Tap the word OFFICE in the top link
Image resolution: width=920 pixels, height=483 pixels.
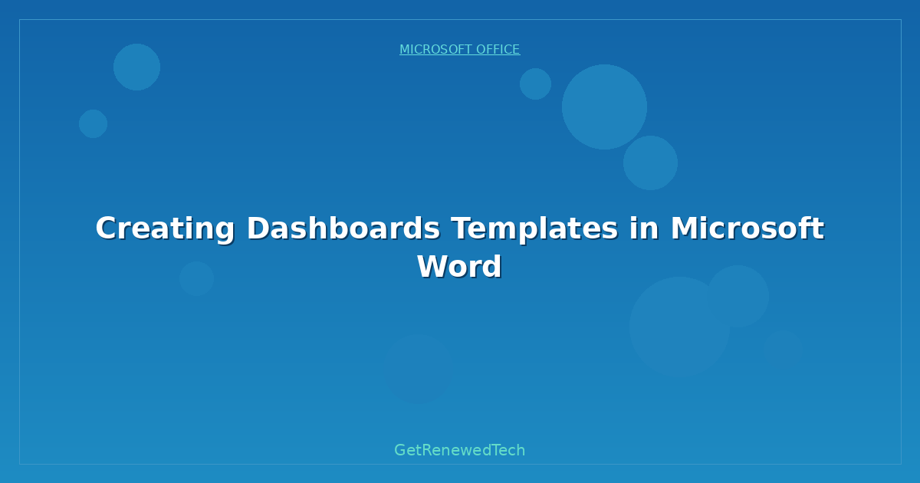click(x=498, y=50)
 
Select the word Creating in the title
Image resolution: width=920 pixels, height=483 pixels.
click(x=165, y=228)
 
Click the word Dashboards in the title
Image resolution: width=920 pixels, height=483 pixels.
click(x=343, y=228)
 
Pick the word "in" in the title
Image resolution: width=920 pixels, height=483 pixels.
click(x=644, y=228)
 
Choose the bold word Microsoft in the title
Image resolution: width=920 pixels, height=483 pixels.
click(x=747, y=228)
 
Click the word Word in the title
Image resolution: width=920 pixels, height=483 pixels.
click(x=459, y=267)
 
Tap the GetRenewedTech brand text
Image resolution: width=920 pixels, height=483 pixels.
click(x=459, y=450)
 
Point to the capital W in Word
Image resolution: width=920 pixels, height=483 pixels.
click(x=432, y=267)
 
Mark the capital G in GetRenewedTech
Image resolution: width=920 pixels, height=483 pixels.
click(x=400, y=450)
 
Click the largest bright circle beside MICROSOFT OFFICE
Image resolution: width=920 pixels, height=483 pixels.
click(x=604, y=107)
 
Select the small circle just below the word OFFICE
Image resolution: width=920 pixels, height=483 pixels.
click(x=535, y=84)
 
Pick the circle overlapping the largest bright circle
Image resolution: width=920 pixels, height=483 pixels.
click(x=650, y=163)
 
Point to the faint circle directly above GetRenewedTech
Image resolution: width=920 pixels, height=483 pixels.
click(x=419, y=369)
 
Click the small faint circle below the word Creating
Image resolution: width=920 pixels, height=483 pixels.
click(x=196, y=279)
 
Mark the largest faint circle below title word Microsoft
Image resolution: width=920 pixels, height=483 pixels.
click(x=678, y=326)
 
